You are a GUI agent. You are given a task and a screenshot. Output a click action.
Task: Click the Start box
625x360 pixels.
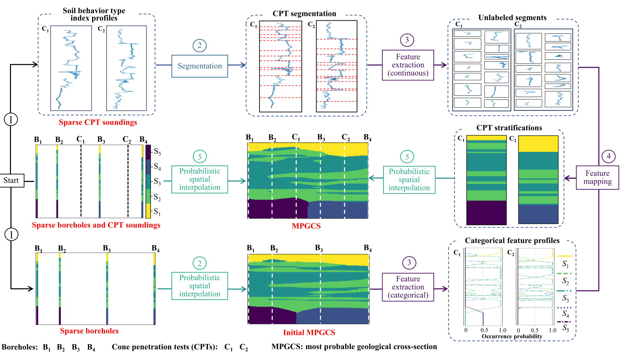point(11,181)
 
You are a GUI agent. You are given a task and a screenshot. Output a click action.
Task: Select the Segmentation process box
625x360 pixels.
point(200,66)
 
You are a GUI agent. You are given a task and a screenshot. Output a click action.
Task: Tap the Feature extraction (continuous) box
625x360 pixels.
point(408,65)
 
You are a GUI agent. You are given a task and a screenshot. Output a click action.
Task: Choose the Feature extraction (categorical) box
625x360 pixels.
point(408,287)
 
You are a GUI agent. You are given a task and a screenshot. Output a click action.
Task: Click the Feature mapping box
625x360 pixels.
point(597,177)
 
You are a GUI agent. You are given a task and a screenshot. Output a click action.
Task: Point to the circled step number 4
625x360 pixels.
point(608,156)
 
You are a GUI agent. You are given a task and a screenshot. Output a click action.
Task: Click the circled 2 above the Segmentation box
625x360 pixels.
point(200,46)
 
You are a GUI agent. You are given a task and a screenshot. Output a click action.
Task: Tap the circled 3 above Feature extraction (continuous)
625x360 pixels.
point(407,40)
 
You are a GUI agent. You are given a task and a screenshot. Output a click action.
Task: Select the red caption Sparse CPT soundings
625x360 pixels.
point(98,122)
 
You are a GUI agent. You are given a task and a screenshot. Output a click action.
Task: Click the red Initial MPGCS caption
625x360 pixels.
point(309,332)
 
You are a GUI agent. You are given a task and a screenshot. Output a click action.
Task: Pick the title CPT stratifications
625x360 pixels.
point(509,128)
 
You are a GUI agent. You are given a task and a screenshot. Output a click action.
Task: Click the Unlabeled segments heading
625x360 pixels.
point(512,18)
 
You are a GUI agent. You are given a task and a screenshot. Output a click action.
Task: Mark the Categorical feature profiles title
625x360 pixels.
point(512,240)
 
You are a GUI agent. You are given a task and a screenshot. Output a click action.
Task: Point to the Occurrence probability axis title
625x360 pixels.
point(512,337)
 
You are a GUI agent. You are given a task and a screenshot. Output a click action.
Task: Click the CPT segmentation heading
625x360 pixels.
point(304,14)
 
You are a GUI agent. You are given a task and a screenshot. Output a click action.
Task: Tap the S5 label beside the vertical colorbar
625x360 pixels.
point(157,152)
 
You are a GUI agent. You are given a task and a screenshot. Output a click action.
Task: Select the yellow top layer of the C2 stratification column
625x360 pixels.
point(538,144)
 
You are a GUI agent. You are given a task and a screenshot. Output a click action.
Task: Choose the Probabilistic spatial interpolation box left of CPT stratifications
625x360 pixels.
point(409,180)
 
